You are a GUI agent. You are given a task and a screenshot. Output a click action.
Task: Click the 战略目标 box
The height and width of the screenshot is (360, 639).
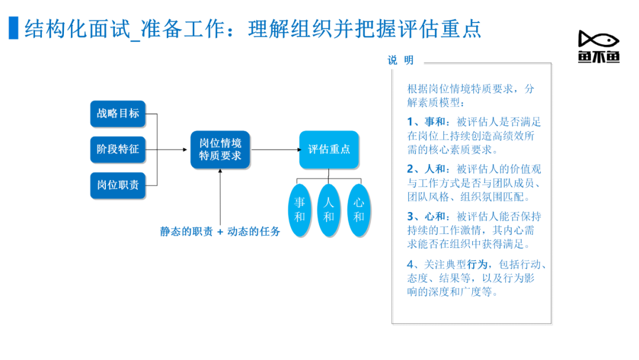coord(118,113)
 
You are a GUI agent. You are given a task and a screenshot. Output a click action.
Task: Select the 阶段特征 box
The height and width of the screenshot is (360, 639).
coord(118,149)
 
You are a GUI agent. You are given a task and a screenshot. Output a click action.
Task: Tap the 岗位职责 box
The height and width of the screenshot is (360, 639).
coord(118,185)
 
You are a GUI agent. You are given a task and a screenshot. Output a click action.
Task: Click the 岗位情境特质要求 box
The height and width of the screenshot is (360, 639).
coord(220,149)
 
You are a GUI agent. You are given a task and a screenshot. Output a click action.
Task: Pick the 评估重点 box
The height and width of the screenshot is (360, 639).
coord(329,149)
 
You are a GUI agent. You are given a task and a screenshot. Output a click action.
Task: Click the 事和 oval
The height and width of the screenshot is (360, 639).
coord(299,210)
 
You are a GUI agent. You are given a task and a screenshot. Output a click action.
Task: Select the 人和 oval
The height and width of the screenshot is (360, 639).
coord(329,210)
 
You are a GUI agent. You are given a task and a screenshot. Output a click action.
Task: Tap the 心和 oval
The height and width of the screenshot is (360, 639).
coord(359,210)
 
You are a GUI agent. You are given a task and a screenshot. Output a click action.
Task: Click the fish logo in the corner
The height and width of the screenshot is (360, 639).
coord(599,46)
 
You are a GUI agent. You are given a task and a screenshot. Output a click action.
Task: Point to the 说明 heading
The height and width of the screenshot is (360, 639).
coord(401,60)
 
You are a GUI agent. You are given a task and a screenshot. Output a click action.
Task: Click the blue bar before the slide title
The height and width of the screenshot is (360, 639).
coord(14,28)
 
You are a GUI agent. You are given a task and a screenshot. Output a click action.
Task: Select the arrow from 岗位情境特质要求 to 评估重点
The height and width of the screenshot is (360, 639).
coord(276,150)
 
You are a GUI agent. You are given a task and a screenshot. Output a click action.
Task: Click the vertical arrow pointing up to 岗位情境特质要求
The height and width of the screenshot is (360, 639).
coord(220,197)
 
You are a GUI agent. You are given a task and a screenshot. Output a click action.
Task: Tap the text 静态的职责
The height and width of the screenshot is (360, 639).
coord(186,232)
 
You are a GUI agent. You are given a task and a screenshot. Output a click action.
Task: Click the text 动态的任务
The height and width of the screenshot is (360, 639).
coord(253,232)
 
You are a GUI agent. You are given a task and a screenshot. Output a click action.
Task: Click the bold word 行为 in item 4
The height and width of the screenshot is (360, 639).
coord(477,265)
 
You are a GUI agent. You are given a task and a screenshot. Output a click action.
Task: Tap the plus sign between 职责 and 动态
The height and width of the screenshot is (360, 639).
coord(220,232)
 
